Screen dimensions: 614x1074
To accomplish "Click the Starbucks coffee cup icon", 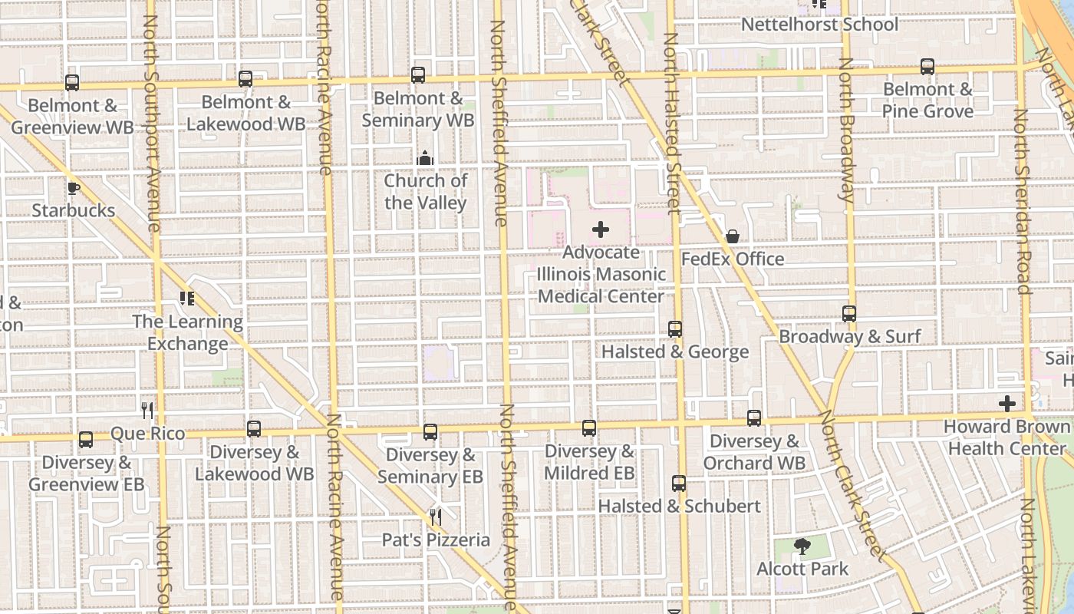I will (73, 188).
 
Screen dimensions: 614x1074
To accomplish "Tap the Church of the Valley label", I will (425, 192).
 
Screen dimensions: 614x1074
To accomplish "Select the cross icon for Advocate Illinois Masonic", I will (601, 229).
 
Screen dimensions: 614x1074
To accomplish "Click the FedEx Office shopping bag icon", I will (733, 236).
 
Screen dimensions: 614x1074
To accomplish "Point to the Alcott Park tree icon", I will (802, 546).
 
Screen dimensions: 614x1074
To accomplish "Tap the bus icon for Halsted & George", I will (675, 329).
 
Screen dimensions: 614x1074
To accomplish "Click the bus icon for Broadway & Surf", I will (849, 314).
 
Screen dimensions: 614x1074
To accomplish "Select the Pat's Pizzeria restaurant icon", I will (436, 517).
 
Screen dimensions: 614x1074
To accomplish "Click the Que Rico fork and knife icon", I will (147, 411).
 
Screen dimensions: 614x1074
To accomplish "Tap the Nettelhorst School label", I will (819, 25).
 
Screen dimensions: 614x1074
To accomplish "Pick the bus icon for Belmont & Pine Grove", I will (927, 67).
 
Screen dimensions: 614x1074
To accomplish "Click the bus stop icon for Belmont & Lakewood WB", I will (245, 79).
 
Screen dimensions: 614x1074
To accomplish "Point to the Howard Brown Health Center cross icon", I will (1007, 404).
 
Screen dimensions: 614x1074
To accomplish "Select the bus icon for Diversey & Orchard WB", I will (754, 418).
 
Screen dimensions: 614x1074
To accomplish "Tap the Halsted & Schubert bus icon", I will (679, 484).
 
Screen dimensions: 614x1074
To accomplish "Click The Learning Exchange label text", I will (187, 332).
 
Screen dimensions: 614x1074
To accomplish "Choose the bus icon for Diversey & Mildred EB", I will (589, 428).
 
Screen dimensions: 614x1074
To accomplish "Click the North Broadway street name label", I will (846, 130).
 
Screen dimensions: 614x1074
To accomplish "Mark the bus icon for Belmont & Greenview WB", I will (72, 83).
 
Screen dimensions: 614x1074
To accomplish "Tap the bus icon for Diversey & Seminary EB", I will (430, 432).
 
